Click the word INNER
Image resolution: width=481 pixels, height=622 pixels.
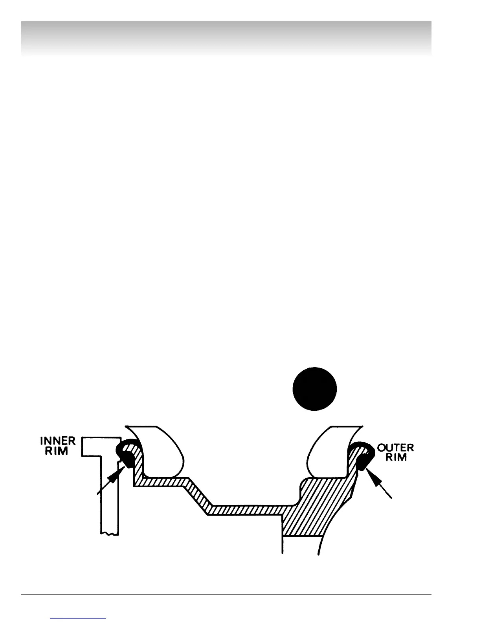58,441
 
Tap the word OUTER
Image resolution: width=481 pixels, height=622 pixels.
395,448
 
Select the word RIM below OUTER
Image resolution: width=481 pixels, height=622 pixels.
396,457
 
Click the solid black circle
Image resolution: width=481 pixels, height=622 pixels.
315,389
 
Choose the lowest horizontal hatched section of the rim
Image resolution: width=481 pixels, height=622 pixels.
248,510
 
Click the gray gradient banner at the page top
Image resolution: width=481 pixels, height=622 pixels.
226,37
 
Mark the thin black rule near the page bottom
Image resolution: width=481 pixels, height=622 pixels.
226,594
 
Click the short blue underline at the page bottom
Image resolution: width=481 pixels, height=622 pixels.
78,619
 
